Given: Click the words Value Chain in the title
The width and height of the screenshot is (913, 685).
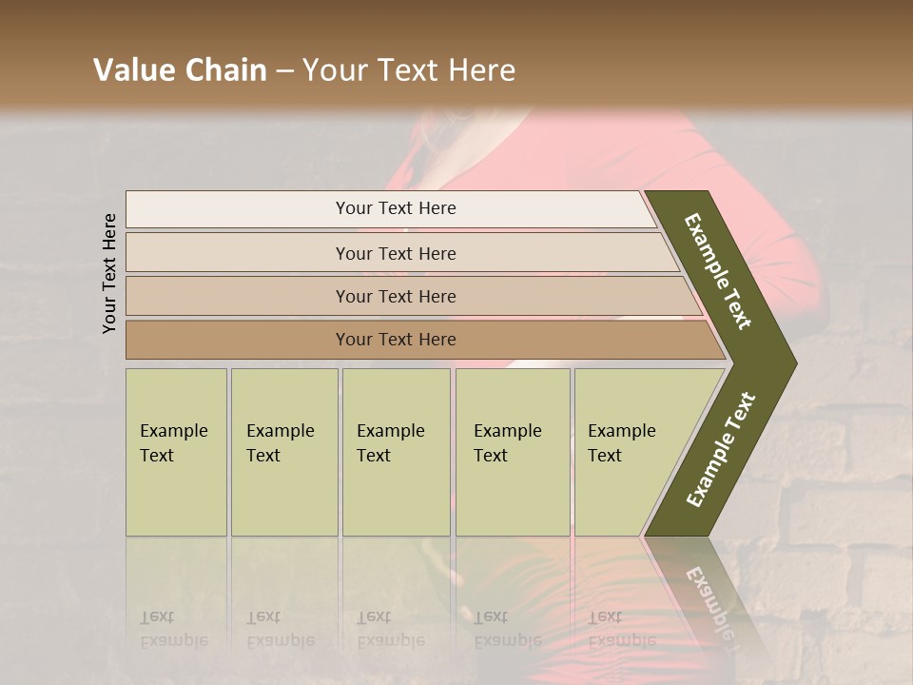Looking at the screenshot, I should (x=180, y=70).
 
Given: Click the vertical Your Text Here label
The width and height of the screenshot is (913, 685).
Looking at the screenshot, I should (x=109, y=273).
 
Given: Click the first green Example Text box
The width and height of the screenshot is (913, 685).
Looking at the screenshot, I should (x=176, y=452).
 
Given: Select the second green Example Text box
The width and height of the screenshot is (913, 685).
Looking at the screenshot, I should (x=283, y=452).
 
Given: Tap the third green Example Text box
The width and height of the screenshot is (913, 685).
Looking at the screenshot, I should (x=396, y=452).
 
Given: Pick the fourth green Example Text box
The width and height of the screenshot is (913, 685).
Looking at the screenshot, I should (x=512, y=452).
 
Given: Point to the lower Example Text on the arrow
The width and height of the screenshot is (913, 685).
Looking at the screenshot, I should (x=721, y=449).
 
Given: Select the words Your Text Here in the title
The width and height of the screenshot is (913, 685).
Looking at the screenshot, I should (x=409, y=70).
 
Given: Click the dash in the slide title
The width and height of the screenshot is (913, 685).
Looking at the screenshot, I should (x=284, y=71).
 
